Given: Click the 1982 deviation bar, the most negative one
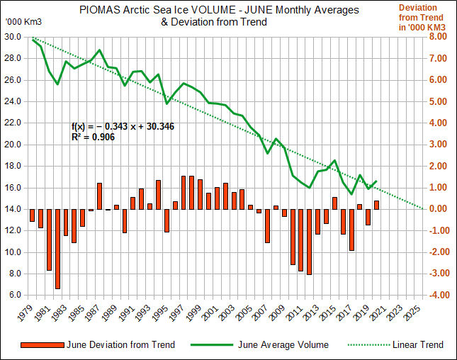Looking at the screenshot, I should pos(57,249).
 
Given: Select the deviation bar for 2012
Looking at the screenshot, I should pos(309,242).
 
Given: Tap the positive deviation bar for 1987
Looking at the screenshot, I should pos(100,196).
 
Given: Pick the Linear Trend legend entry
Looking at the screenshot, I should pos(417,345).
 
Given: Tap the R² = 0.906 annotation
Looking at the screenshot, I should pos(93,137).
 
